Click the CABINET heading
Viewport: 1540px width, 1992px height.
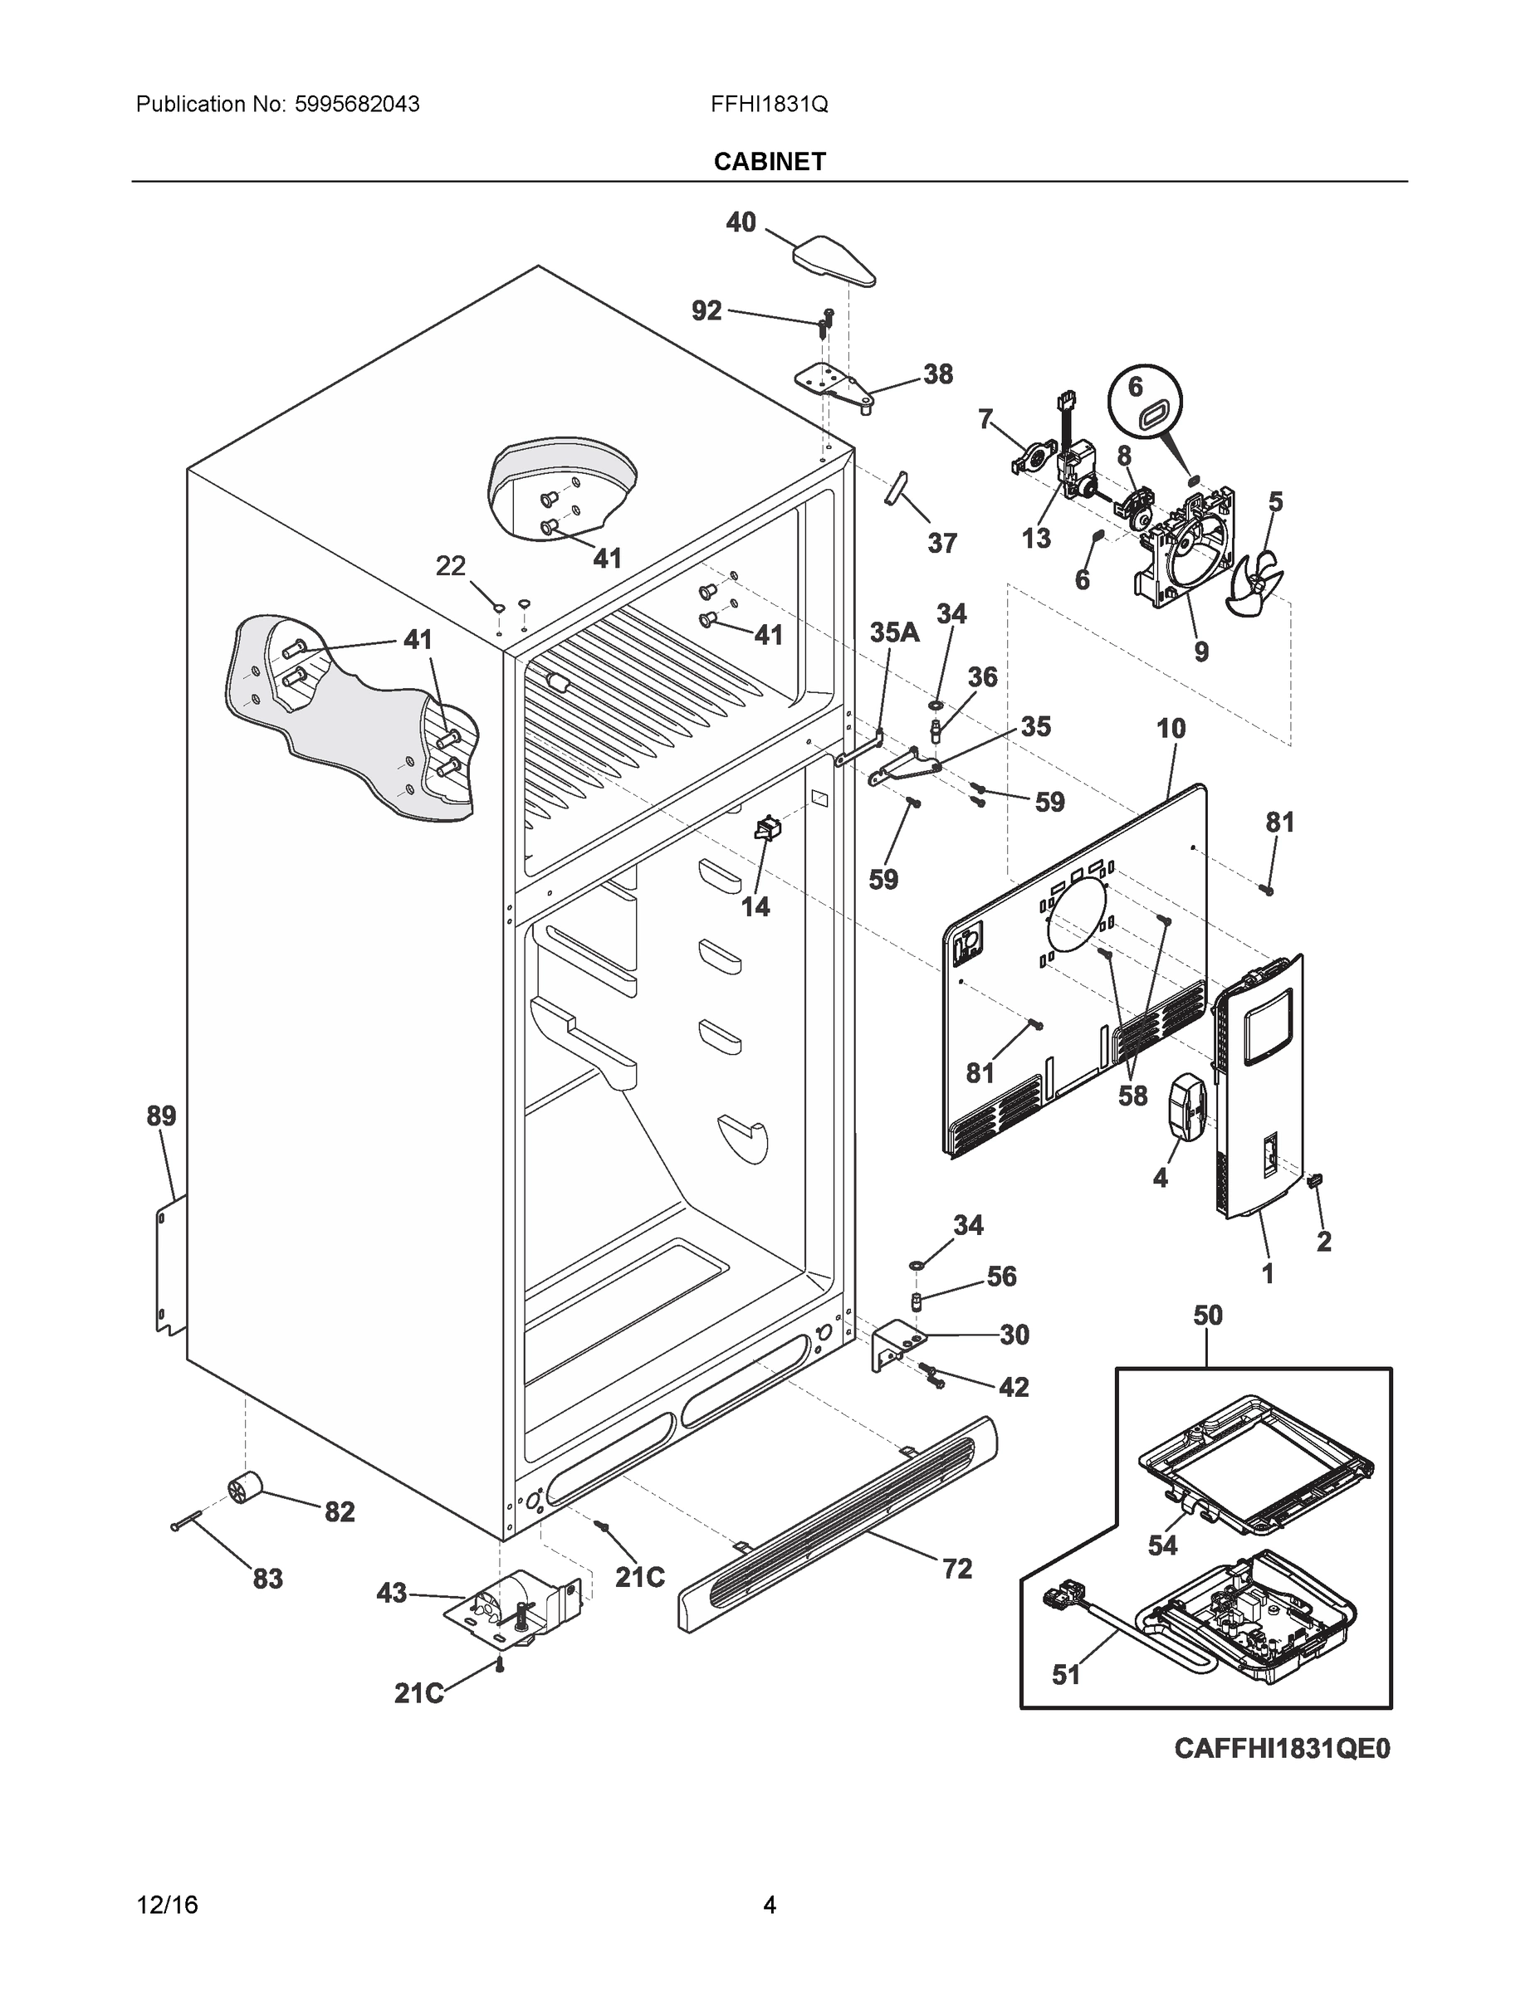pos(769,162)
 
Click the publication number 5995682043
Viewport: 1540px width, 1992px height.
pos(357,105)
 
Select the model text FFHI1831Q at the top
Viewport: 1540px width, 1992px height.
pos(769,105)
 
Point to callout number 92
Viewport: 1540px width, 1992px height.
pos(706,311)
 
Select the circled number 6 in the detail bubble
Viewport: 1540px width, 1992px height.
pos(1135,387)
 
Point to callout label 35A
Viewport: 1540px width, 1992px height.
pos(893,633)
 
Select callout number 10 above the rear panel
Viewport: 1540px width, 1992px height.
pos(1171,729)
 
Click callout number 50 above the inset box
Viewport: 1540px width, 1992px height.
pos(1207,1316)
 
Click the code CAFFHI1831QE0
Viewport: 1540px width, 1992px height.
pos(1281,1749)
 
